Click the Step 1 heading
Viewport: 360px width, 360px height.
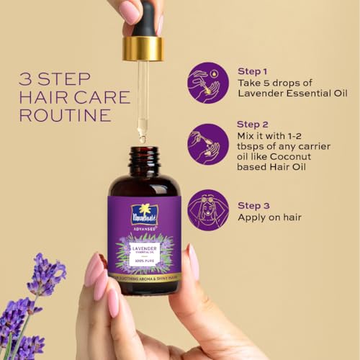pos(252,71)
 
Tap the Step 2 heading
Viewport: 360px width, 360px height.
pos(253,125)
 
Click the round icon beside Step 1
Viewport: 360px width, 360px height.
pos(207,82)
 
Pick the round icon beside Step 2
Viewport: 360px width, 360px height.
pos(207,144)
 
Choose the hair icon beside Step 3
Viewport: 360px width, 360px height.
pos(207,210)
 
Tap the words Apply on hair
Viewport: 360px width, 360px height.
pos(269,217)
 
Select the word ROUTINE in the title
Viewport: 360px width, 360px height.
pos(65,115)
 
